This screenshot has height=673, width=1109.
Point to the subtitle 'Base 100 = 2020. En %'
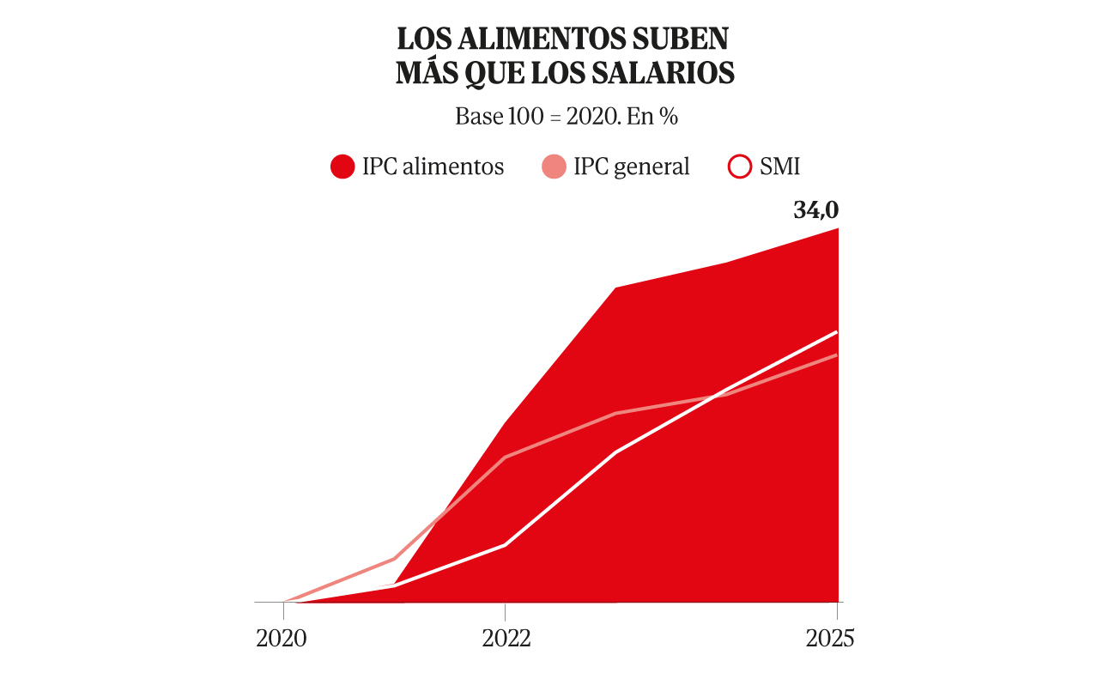(x=567, y=117)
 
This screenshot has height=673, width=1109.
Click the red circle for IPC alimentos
(x=342, y=167)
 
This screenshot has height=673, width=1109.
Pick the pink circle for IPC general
(x=554, y=167)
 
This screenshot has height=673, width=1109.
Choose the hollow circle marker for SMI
(x=740, y=167)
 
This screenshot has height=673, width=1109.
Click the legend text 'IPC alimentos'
(x=433, y=167)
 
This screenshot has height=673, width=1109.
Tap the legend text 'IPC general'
(x=631, y=167)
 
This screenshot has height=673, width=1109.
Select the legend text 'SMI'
(x=779, y=167)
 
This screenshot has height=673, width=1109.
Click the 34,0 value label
(x=815, y=210)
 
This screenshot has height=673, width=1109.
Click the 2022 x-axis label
(x=505, y=638)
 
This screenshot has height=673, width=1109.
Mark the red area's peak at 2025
(x=837, y=229)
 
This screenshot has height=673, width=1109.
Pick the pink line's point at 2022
(x=505, y=457)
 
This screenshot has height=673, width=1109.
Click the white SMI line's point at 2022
(x=505, y=545)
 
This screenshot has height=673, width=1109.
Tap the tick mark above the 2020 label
(x=283, y=610)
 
